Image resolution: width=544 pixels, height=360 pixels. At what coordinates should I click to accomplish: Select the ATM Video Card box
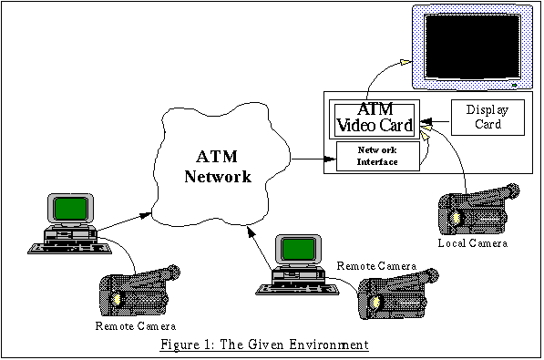click(375, 118)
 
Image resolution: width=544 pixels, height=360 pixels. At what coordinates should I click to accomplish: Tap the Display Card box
click(488, 117)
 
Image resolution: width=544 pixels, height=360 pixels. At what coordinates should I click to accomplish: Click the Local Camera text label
click(471, 245)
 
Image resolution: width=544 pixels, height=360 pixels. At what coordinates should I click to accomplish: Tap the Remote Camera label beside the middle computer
click(376, 265)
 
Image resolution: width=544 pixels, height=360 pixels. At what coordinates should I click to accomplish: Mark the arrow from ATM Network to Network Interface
click(311, 159)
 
